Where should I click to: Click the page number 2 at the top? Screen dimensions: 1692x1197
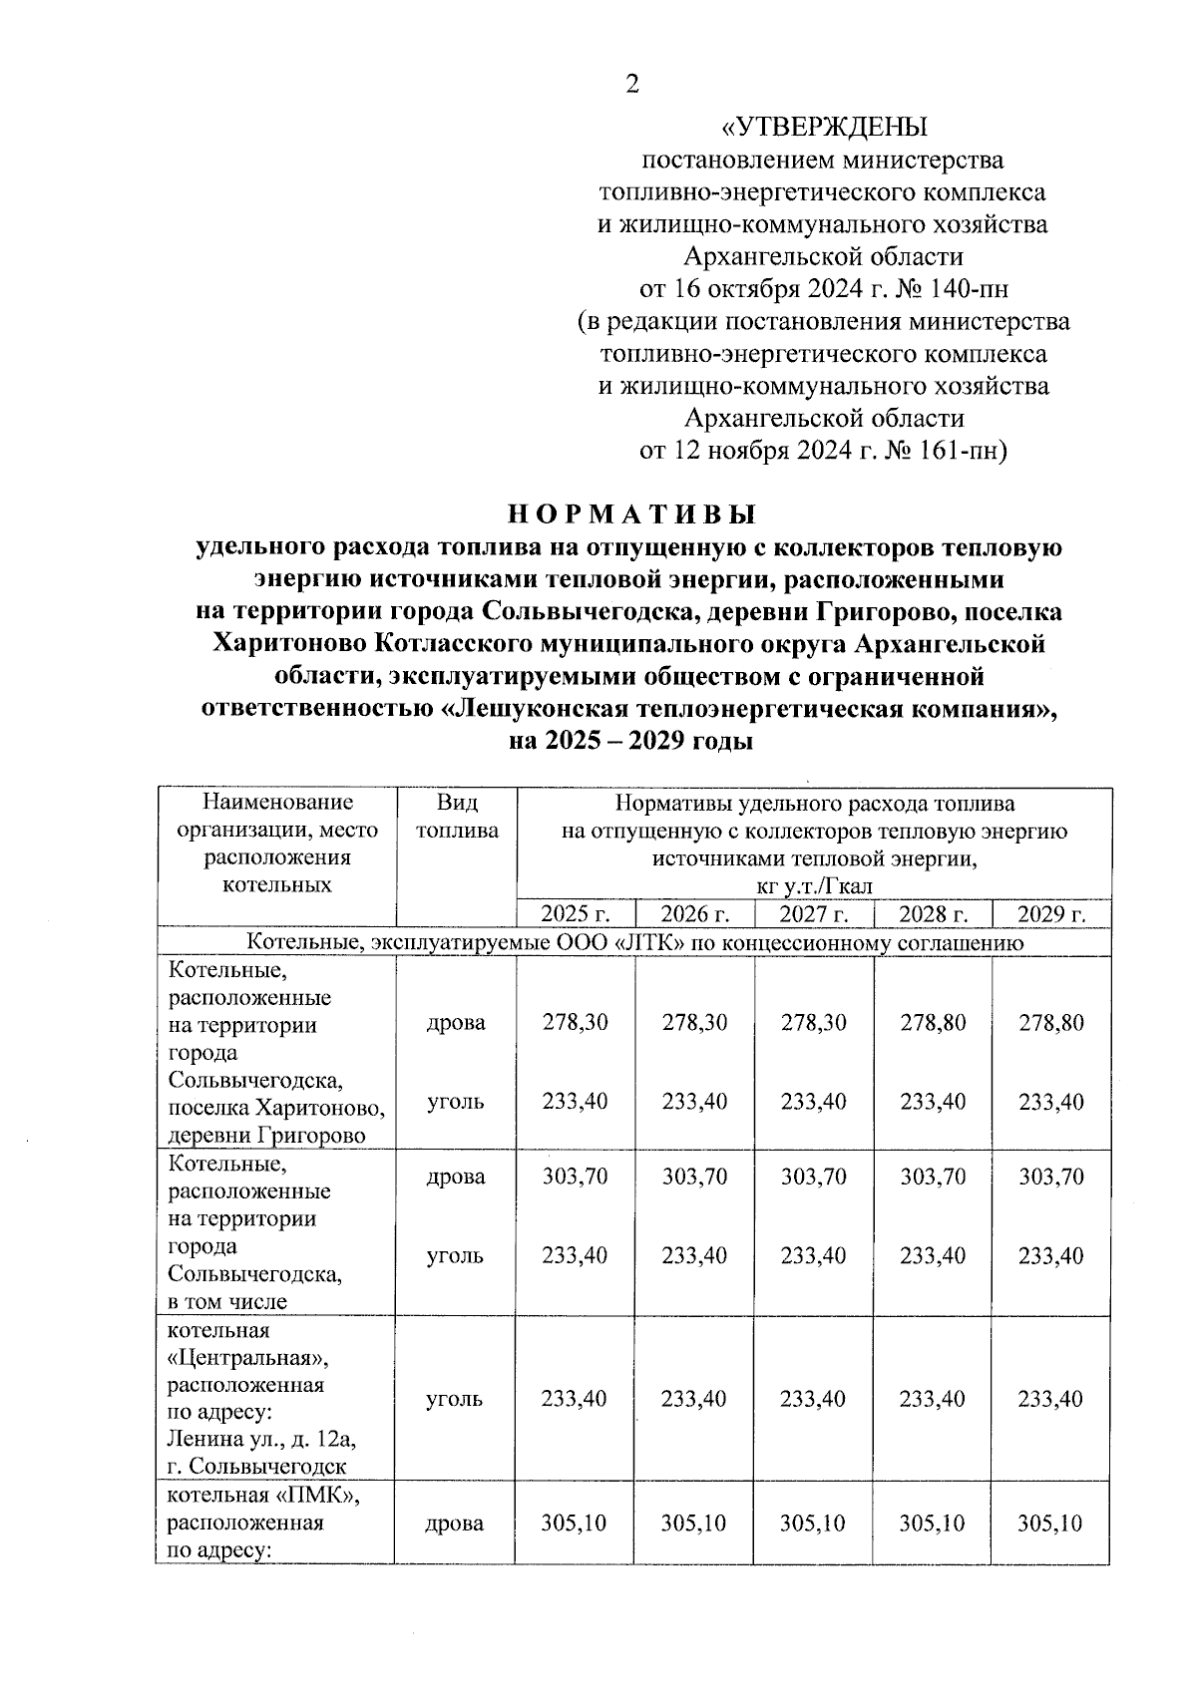tap(630, 84)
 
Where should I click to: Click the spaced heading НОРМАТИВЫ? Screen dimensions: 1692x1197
tap(631, 514)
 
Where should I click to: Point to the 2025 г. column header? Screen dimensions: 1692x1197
tap(575, 914)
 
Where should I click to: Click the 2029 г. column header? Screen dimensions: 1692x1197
tap(1050, 914)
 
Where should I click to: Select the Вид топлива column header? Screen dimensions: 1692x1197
tap(457, 817)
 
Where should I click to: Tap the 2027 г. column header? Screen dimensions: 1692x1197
tap(813, 914)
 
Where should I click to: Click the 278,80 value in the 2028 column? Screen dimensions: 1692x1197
tap(933, 1022)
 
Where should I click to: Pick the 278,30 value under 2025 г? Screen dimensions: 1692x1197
tap(575, 1022)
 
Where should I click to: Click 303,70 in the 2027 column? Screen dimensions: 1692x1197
tap(813, 1177)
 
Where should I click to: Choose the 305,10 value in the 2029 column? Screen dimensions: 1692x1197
tap(1050, 1523)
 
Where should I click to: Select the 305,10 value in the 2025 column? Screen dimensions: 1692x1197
tap(575, 1523)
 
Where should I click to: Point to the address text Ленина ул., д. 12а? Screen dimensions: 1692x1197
tap(262, 1440)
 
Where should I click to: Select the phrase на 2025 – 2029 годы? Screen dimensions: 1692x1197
tap(630, 741)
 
